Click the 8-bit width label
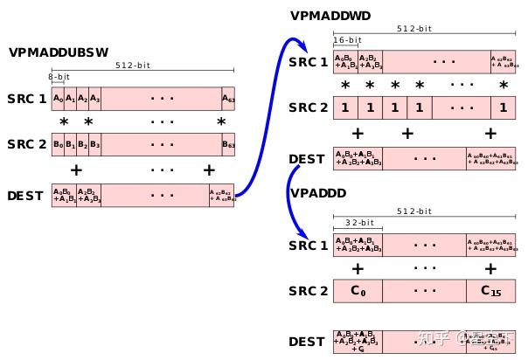click(59, 77)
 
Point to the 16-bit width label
click(346, 40)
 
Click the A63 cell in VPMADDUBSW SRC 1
click(227, 98)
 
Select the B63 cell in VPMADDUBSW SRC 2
click(227, 143)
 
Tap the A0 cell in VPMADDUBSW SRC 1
click(58, 98)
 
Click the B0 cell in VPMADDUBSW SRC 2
click(58, 143)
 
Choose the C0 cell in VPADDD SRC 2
click(358, 290)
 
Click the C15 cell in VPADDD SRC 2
click(491, 290)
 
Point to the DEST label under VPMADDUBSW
click(24, 195)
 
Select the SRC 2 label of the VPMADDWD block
click(309, 107)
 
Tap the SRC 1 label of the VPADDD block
click(309, 246)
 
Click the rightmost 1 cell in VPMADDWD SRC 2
click(502, 107)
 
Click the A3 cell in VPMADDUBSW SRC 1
click(94, 98)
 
